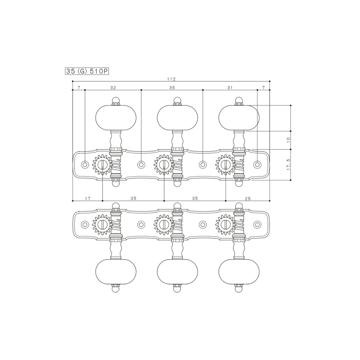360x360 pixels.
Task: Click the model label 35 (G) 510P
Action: tap(87, 71)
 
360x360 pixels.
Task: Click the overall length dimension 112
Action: tap(171, 79)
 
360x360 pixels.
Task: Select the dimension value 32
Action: tap(113, 87)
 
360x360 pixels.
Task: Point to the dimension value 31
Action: tap(230, 87)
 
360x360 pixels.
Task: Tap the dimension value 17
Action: tap(87, 199)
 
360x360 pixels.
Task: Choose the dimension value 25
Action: tap(248, 199)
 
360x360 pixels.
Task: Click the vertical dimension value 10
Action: tap(288, 140)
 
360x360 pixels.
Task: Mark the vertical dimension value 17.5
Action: tap(288, 165)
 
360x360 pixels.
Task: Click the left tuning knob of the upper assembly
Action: tap(116, 118)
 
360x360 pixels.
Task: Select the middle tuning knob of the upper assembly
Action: tap(177, 118)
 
